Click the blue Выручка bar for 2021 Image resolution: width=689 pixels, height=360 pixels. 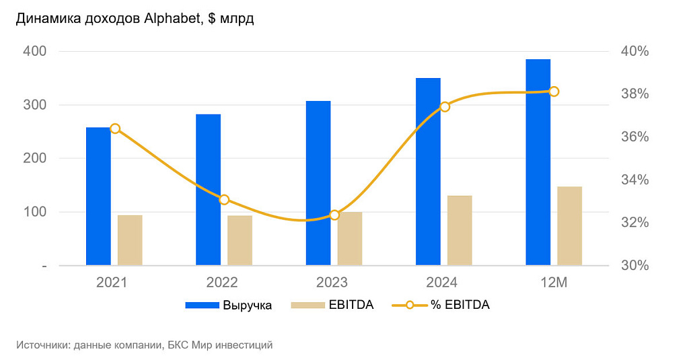[98, 196]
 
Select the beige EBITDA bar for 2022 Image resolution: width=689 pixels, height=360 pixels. [240, 240]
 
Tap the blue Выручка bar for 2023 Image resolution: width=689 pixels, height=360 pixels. [318, 183]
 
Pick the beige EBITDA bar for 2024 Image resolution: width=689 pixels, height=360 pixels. [460, 230]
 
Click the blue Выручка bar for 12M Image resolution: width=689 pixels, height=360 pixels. [538, 162]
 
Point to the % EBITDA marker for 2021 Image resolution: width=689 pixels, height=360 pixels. [115, 129]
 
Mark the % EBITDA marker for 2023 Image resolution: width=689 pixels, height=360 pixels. [334, 215]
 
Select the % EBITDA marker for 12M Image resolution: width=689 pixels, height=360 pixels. [554, 92]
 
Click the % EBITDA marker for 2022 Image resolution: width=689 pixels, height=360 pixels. [225, 199]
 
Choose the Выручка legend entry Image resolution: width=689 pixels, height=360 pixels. [229, 305]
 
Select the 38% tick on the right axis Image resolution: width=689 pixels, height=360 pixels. [633, 94]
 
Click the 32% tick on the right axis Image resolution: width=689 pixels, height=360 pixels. [633, 223]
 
